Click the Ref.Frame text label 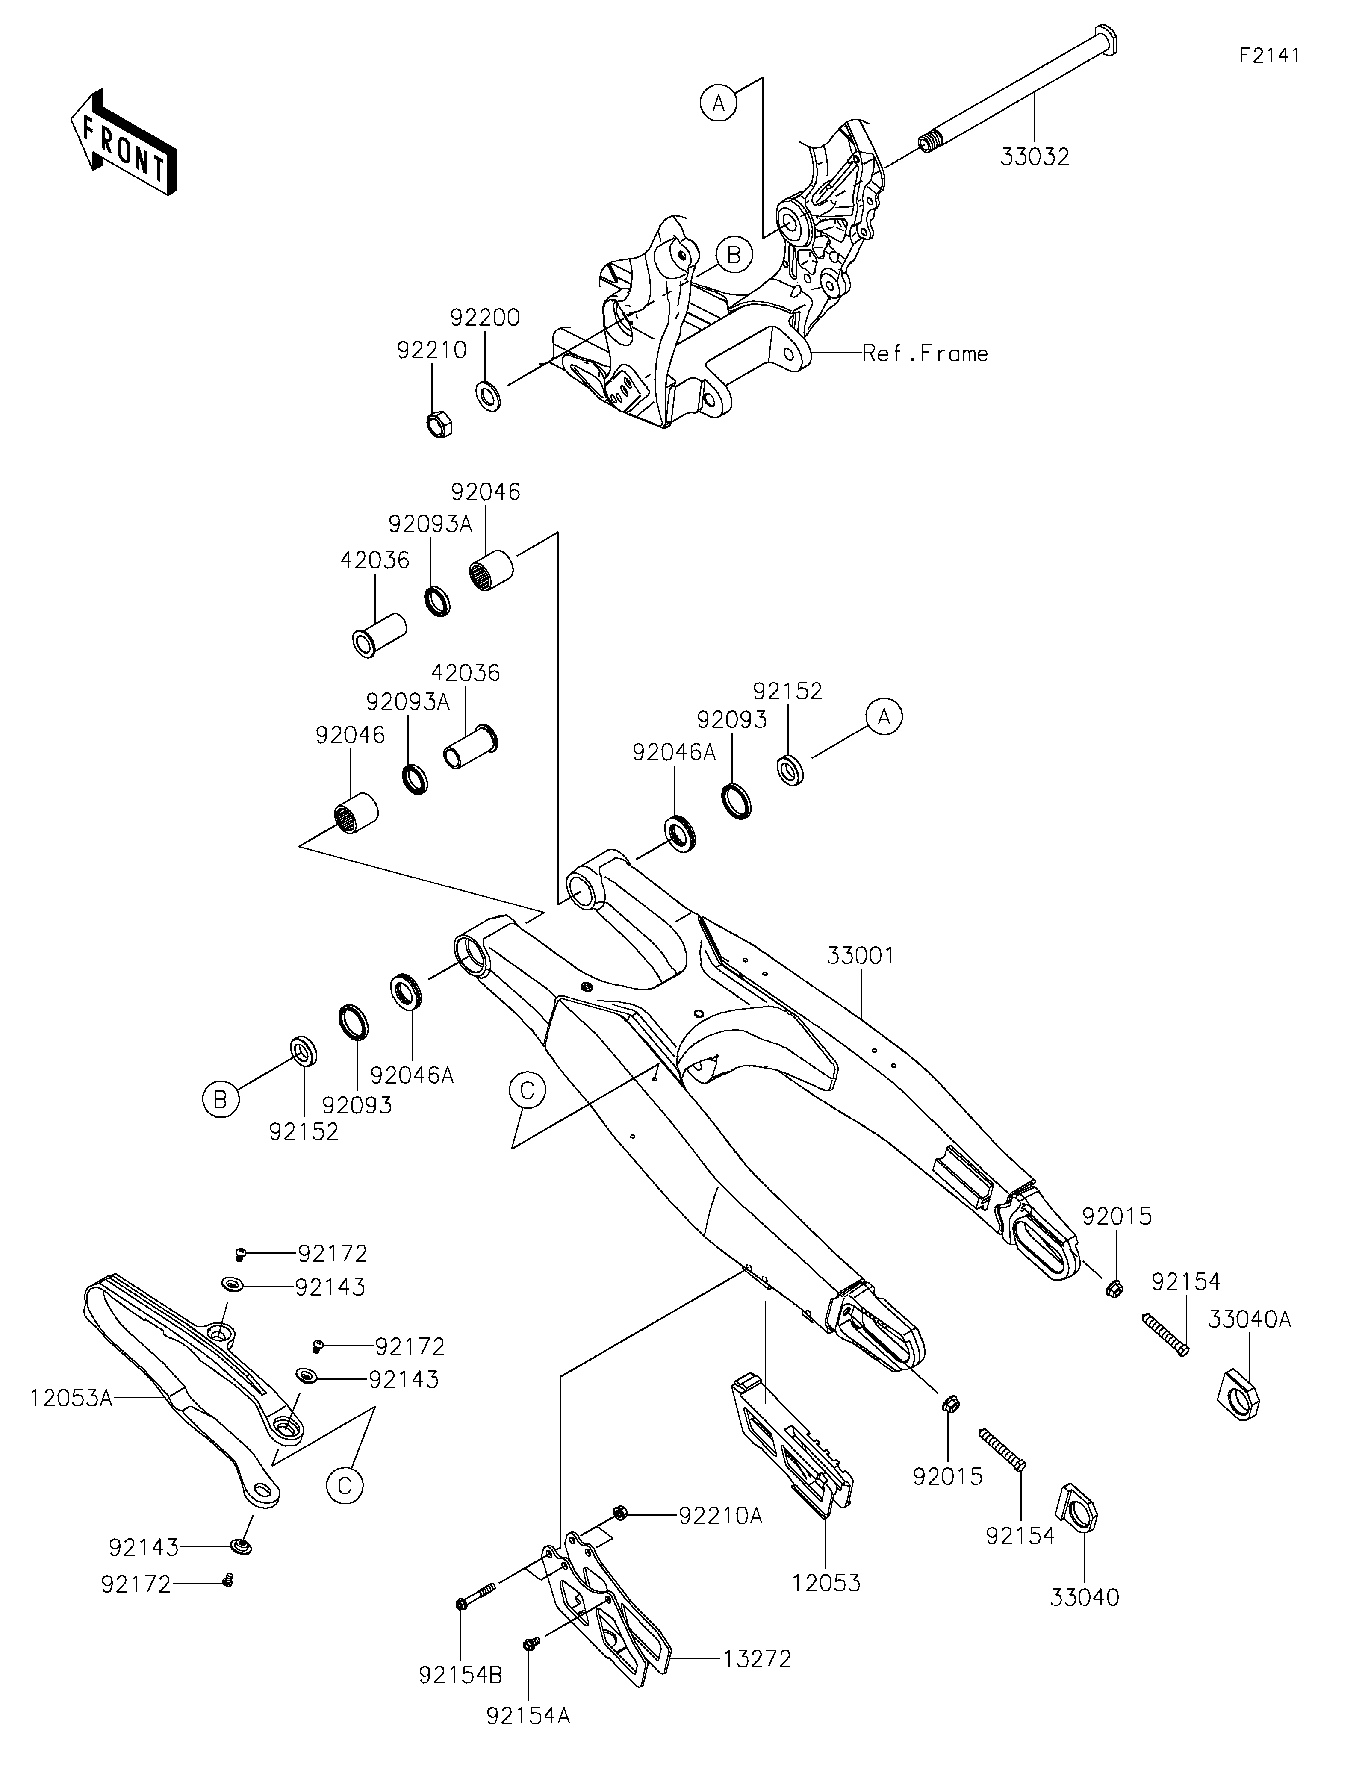pyautogui.click(x=925, y=353)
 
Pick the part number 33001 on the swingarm pyautogui.click(x=860, y=955)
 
